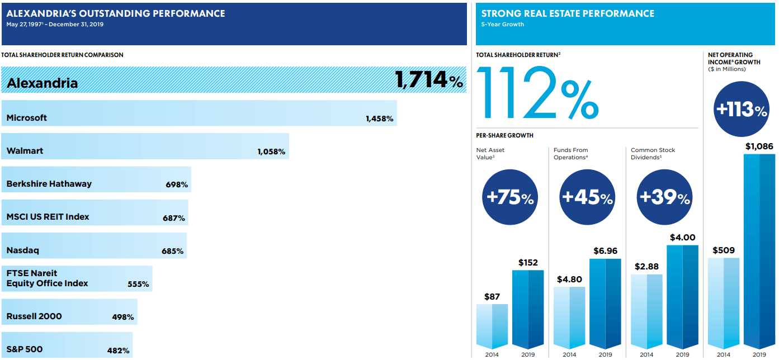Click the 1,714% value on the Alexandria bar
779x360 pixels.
pos(429,80)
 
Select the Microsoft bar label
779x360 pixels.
pos(27,118)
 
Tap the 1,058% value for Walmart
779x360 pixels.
pos(271,151)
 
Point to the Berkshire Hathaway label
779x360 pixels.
pos(49,184)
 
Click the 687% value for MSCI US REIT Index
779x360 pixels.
pos(174,218)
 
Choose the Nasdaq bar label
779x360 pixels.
pos(23,250)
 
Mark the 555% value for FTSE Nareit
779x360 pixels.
pos(138,284)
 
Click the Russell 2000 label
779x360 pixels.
pos(34,316)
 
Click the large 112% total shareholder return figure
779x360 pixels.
pos(537,93)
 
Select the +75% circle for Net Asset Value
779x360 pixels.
pos(509,197)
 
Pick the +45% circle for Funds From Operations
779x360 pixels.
pos(587,197)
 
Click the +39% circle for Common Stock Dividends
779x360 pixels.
pos(664,197)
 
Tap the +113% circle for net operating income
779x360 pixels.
pos(741,110)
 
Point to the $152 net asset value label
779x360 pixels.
pos(528,263)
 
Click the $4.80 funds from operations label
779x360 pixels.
pos(569,280)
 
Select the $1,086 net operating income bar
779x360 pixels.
pos(759,252)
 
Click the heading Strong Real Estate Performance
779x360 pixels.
pos(568,13)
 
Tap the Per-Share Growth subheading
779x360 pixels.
pos(504,135)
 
